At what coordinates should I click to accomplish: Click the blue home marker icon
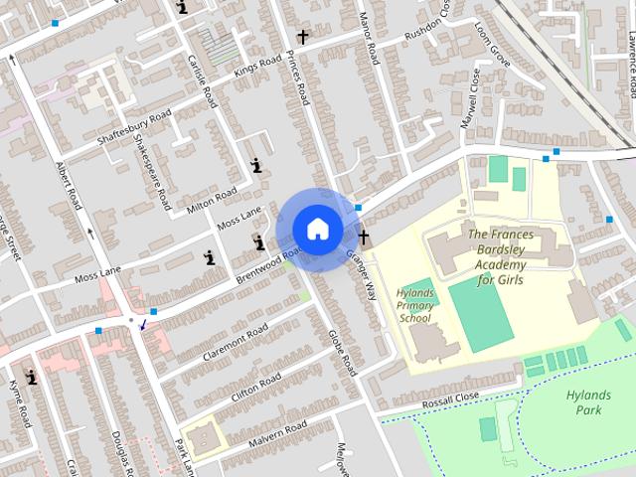tap(317, 229)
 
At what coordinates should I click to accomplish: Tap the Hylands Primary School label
tap(415, 306)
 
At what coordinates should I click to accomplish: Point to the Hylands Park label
tap(589, 401)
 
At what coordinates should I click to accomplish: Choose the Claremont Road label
tap(235, 342)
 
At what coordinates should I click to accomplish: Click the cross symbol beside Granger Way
tap(364, 237)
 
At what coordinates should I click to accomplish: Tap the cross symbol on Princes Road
tap(302, 37)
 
